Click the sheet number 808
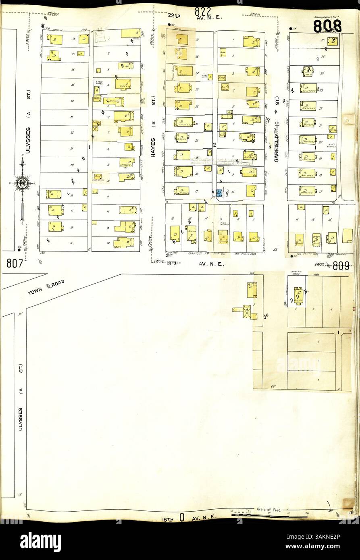[x=327, y=26]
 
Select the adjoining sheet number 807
[x=15, y=264]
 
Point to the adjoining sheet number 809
[x=341, y=265]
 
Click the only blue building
[x=219, y=193]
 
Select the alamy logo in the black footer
[x=40, y=542]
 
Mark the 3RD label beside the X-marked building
[x=266, y=317]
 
